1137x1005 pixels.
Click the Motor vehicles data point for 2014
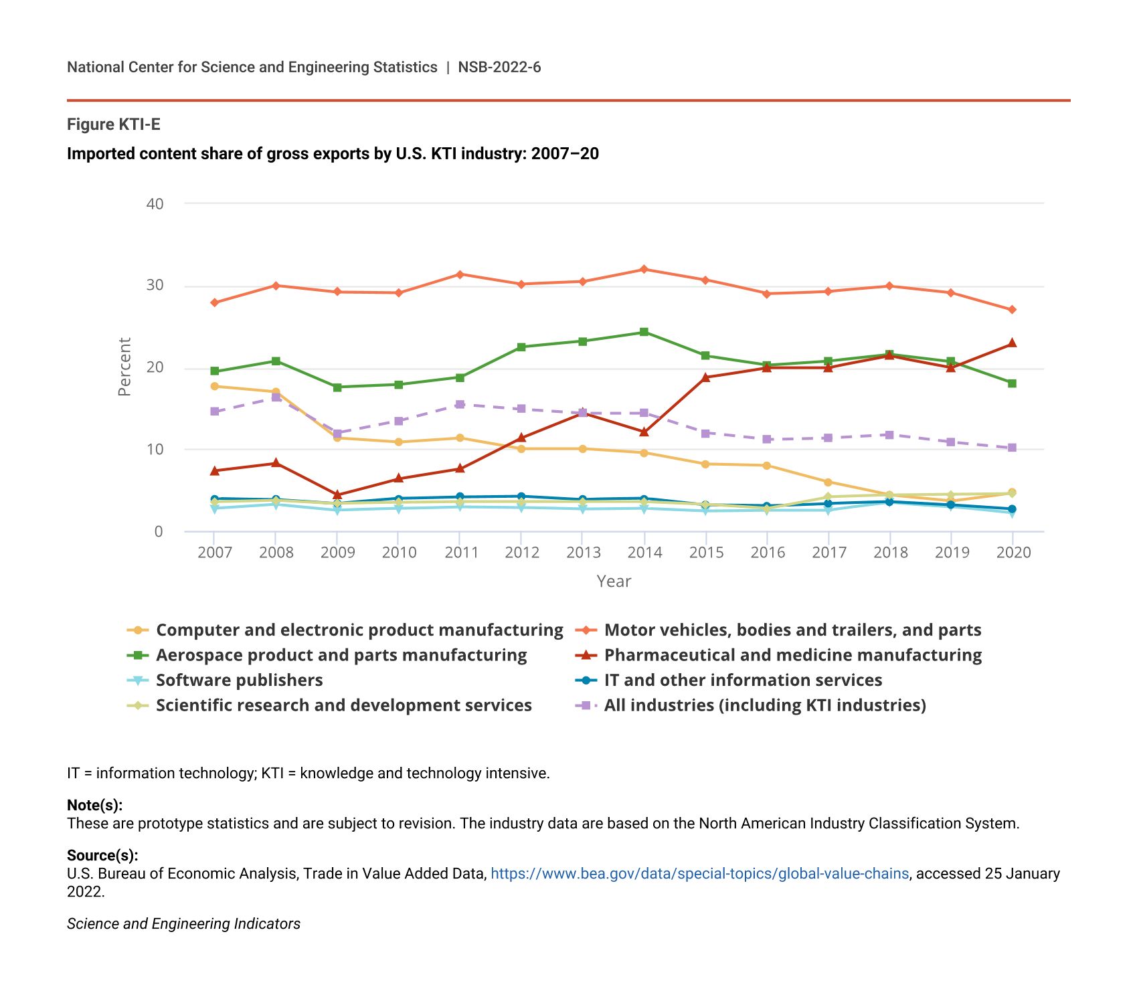click(x=644, y=269)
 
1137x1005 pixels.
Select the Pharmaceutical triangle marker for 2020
click(x=1012, y=343)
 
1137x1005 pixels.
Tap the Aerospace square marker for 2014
click(x=644, y=332)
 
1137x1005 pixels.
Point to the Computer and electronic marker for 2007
click(x=214, y=386)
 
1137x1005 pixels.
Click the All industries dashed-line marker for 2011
click(x=460, y=404)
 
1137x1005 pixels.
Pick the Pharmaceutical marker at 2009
click(x=337, y=494)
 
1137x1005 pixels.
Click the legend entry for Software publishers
click(x=239, y=680)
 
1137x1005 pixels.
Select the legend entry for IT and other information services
click(x=743, y=680)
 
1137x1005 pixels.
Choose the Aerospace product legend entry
click(x=341, y=655)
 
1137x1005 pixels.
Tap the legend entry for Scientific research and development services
click(x=343, y=705)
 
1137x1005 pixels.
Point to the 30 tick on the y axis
click(x=155, y=285)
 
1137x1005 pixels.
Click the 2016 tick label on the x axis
click(x=768, y=552)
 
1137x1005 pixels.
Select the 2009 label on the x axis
click(x=337, y=552)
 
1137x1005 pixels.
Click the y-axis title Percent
click(x=124, y=367)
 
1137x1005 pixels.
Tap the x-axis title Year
click(x=614, y=581)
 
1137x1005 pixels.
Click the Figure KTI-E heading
click(x=114, y=124)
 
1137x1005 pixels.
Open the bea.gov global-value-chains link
click(x=699, y=873)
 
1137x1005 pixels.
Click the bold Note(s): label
click(x=94, y=805)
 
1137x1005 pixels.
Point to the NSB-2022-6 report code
click(x=499, y=67)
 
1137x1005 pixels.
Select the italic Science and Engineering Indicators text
click(x=183, y=923)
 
